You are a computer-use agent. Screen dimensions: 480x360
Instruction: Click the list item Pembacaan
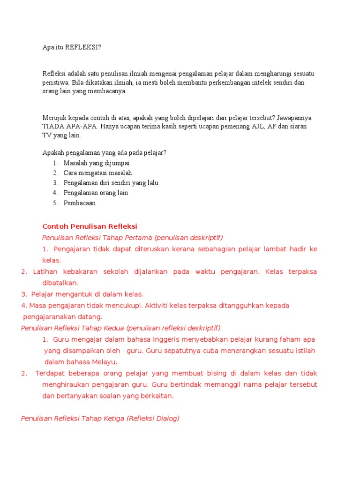click(x=79, y=203)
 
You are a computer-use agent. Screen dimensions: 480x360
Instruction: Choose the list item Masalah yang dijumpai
click(x=97, y=163)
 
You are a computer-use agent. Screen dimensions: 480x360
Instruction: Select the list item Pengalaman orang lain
click(x=96, y=193)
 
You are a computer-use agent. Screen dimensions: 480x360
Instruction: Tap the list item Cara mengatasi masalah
click(x=97, y=173)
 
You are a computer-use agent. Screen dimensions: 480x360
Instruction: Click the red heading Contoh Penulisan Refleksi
click(x=90, y=226)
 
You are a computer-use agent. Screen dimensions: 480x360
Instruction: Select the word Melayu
click(x=105, y=362)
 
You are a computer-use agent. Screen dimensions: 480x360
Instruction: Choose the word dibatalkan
click(x=60, y=283)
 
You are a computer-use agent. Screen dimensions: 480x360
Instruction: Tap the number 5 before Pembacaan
click(x=55, y=203)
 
